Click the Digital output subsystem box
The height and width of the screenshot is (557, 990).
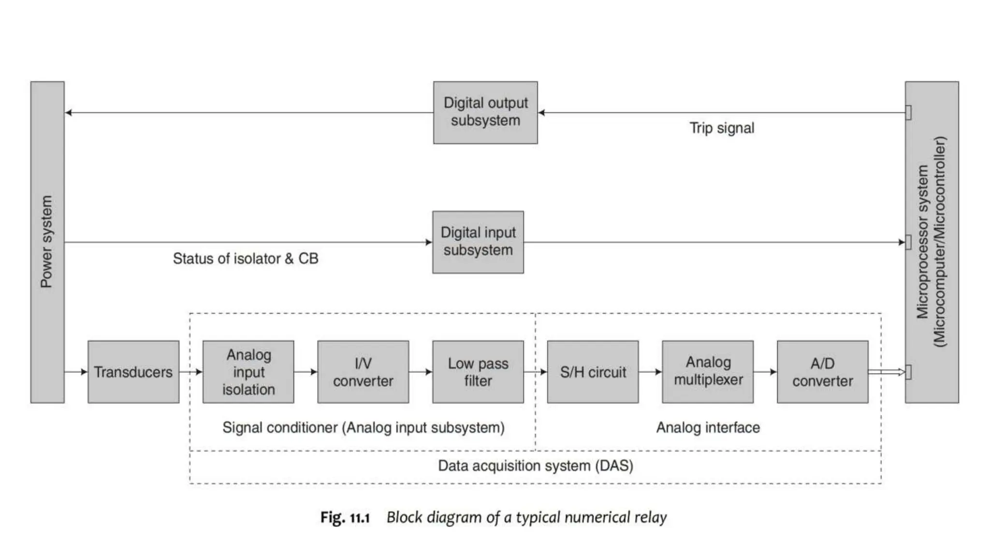[x=485, y=112]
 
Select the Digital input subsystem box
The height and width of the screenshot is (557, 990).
[x=478, y=242]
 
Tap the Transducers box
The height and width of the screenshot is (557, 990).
[x=133, y=372]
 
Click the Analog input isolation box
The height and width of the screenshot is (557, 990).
[x=248, y=372]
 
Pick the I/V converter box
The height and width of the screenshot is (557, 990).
[x=363, y=372]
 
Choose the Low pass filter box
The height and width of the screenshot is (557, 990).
[x=478, y=372]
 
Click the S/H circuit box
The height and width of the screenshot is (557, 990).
[x=593, y=372]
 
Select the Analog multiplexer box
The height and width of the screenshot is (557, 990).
[x=708, y=372]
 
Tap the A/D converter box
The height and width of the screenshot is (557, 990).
[x=822, y=372]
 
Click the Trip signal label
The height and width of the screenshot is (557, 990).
[x=721, y=128]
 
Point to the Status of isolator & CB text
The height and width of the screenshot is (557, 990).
[x=246, y=259]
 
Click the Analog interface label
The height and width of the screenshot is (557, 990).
[x=708, y=427]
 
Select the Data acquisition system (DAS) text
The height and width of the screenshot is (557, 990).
[x=535, y=466]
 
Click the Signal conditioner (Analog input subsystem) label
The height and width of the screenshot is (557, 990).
[x=363, y=427]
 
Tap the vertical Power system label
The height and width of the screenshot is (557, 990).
[x=46, y=242]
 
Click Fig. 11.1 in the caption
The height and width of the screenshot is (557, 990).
[x=345, y=518]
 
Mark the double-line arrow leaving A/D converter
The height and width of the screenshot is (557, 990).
[x=886, y=372]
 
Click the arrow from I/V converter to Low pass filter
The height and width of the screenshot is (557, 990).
[x=421, y=372]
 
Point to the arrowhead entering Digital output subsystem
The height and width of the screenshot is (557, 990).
[x=541, y=113]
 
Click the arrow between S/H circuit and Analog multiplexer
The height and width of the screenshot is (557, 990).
[x=650, y=372]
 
